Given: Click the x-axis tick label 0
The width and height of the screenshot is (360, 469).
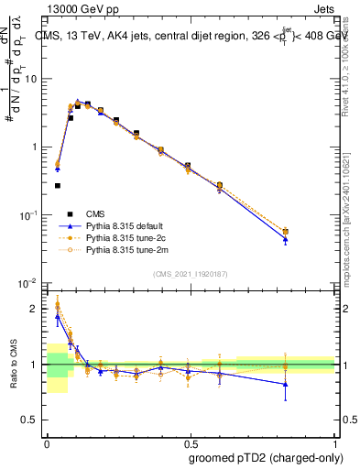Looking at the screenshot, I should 47,441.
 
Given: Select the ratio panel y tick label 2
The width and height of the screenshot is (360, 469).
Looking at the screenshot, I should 36,309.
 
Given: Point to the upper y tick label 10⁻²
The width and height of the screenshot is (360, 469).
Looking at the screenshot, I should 30,283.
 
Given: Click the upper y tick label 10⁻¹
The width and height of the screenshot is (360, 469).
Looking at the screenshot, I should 30,215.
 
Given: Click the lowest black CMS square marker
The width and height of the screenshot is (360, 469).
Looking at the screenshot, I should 58,185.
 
